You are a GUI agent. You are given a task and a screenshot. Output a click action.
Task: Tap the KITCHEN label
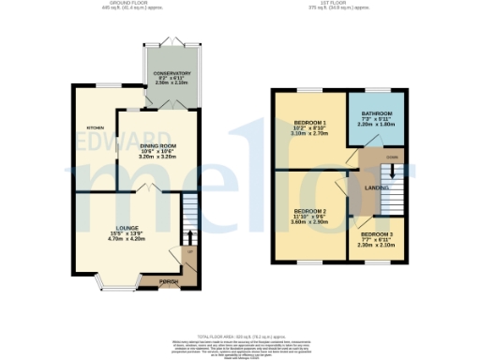click(96, 127)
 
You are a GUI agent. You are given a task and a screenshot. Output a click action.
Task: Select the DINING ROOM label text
click(158, 146)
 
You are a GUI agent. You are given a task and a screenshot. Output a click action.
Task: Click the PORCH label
click(169, 281)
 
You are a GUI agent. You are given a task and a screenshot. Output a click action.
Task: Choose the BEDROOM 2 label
click(310, 211)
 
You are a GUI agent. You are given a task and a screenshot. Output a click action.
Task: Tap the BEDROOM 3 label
click(377, 234)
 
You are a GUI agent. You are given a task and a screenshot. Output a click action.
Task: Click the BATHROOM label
click(378, 113)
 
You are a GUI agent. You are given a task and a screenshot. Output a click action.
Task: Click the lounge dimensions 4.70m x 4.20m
click(127, 238)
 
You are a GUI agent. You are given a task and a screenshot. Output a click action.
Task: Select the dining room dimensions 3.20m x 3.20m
click(158, 158)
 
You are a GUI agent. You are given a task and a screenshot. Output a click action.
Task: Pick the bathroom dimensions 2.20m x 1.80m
click(378, 125)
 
